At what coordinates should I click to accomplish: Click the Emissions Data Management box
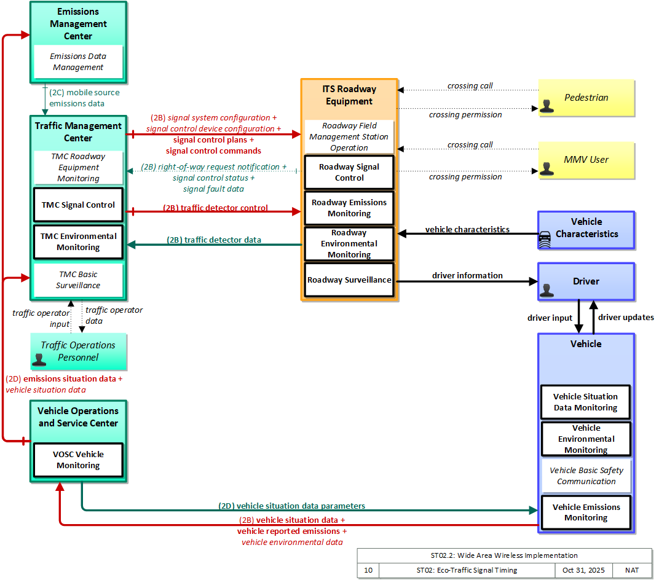click(78, 61)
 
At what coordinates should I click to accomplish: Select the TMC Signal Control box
click(78, 205)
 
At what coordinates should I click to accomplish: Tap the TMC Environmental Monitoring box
click(78, 242)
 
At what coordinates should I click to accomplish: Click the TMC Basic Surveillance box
click(78, 280)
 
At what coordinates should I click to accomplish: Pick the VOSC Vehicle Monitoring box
click(78, 460)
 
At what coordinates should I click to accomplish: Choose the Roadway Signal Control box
click(349, 172)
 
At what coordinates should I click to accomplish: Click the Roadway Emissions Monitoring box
click(349, 208)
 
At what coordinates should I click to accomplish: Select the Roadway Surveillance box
click(349, 280)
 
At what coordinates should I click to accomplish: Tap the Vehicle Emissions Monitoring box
click(586, 512)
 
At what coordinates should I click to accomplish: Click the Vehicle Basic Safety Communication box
click(586, 476)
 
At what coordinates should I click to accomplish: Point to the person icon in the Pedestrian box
click(547, 106)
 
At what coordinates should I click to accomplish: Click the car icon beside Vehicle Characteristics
click(545, 240)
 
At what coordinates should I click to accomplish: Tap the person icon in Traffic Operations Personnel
click(39, 359)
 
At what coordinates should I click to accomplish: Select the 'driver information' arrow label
click(467, 275)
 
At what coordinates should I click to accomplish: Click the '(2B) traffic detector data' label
click(214, 240)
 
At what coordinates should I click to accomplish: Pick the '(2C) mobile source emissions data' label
click(84, 98)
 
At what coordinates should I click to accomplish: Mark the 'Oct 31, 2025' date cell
click(583, 570)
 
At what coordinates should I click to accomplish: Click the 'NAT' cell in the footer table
click(632, 570)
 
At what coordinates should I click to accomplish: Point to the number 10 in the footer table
click(368, 570)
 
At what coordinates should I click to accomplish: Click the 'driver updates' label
click(626, 318)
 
